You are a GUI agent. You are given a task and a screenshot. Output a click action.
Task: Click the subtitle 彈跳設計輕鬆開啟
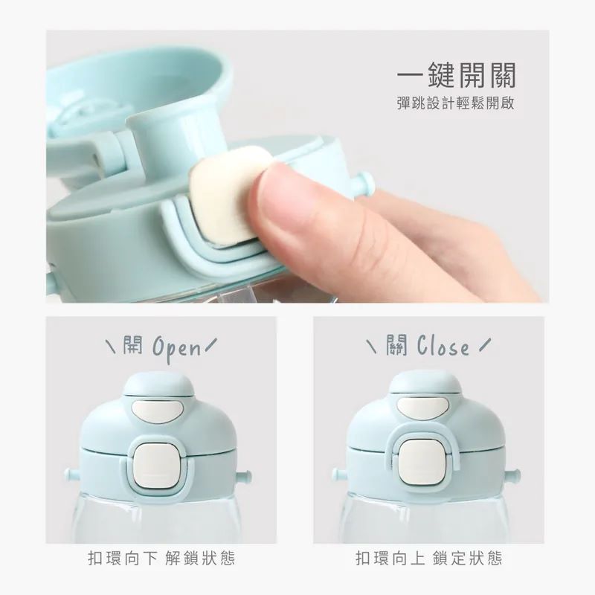pyautogui.click(x=456, y=103)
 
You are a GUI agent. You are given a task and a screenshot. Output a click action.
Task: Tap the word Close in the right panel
pyautogui.click(x=443, y=346)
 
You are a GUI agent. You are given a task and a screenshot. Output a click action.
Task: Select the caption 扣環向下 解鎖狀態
pyautogui.click(x=161, y=559)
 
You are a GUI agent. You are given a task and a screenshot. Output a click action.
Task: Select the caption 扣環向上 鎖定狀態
pyautogui.click(x=429, y=559)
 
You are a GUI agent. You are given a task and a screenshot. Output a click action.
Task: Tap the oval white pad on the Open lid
pyautogui.click(x=158, y=411)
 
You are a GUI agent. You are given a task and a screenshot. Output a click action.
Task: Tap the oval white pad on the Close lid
pyautogui.click(x=423, y=405)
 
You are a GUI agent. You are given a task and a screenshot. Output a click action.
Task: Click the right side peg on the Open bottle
pyautogui.click(x=244, y=475)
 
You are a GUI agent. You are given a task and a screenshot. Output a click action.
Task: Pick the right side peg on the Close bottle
pyautogui.click(x=512, y=475)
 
